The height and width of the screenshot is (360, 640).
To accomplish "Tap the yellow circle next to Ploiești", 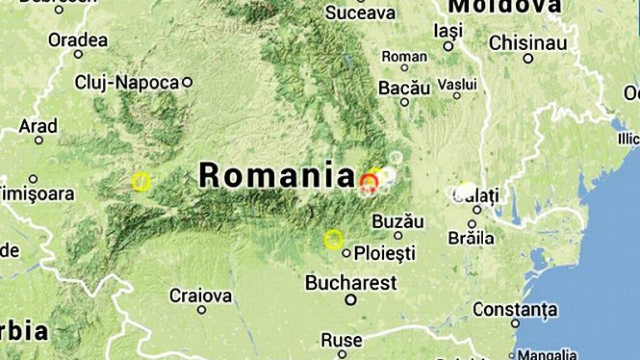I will [333, 239].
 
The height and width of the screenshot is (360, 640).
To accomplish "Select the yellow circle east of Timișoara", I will [141, 182].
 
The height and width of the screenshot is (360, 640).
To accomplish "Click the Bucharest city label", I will [351, 283].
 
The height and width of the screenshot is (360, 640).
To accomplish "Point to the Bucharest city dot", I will [350, 300].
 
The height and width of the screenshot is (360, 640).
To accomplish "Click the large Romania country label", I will [277, 175].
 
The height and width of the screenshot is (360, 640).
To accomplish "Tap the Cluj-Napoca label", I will [126, 83].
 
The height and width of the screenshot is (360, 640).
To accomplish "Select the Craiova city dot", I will [202, 310].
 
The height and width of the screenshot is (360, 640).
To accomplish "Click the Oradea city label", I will [77, 40].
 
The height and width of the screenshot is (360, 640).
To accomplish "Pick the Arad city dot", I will [39, 140].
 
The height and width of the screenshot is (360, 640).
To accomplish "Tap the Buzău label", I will [398, 221].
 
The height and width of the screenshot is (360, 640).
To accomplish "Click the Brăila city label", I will [471, 238].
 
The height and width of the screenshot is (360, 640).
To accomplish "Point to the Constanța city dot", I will [515, 323].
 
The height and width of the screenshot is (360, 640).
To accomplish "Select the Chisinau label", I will [527, 43].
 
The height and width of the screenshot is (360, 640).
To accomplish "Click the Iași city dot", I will [449, 46].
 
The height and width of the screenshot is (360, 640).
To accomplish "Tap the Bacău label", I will [404, 88].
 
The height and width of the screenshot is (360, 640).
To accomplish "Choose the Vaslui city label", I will [457, 84].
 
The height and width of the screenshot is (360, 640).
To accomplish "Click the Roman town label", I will [404, 57].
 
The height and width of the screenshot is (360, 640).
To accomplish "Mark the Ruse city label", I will [342, 340].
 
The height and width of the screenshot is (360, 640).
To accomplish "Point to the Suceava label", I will [360, 13].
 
